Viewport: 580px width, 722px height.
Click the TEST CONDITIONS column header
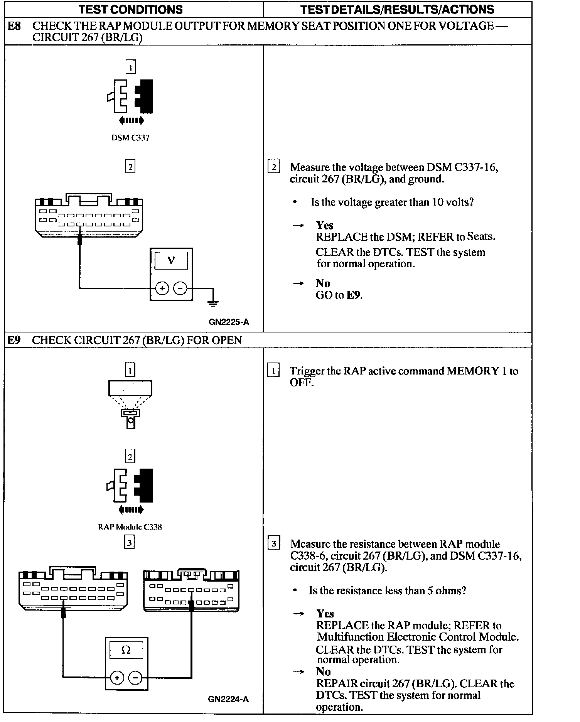click(131, 9)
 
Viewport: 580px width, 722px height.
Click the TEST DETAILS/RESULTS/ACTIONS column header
click(397, 9)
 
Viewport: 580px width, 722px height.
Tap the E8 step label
click(14, 26)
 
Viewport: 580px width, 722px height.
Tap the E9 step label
click(14, 340)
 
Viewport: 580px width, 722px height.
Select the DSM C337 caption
click(130, 138)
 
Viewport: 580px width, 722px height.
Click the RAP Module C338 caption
click(130, 527)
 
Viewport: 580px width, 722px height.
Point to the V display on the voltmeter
click(171, 261)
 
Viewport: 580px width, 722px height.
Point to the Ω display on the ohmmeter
click(126, 650)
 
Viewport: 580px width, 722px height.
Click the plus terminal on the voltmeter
click(162, 288)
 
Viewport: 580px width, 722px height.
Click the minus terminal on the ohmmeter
click(135, 678)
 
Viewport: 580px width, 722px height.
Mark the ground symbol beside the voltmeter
click(213, 303)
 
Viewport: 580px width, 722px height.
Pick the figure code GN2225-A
click(229, 322)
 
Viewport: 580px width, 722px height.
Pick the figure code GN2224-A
click(228, 699)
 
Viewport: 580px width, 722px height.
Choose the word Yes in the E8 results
click(324, 225)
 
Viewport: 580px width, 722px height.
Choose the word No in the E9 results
click(323, 671)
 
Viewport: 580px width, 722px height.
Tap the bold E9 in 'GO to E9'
click(354, 295)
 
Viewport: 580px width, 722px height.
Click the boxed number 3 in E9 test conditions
click(130, 543)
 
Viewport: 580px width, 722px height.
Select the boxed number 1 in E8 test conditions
click(131, 68)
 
